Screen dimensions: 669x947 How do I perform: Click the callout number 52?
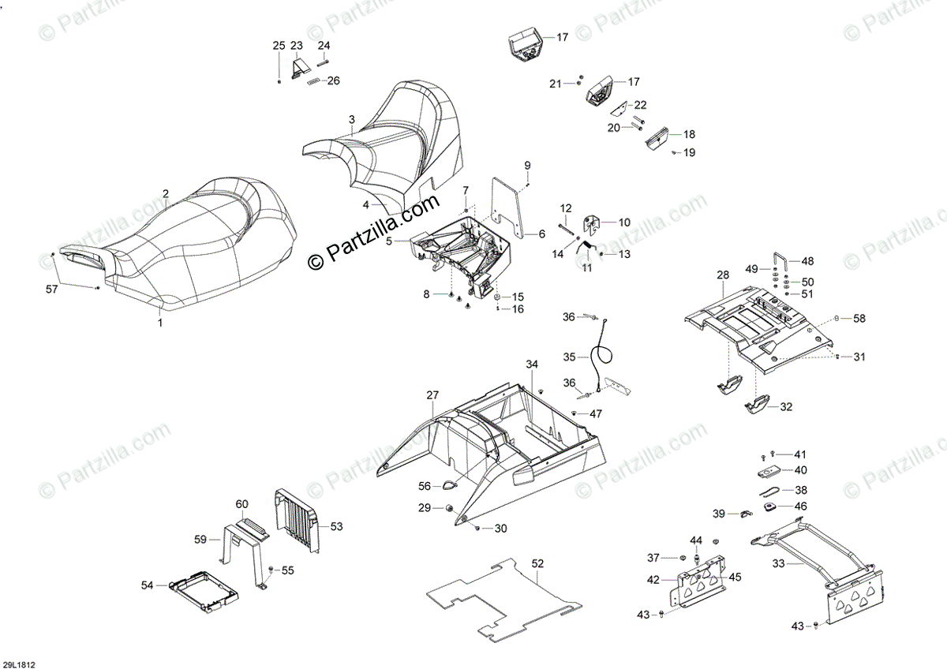click(x=537, y=564)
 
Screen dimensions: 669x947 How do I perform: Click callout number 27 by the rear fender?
click(x=432, y=394)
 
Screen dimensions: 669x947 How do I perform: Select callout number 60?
click(x=242, y=503)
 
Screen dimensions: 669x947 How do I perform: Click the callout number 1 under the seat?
click(x=160, y=323)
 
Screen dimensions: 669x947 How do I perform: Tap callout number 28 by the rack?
click(x=723, y=275)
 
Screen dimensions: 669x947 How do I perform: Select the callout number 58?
click(x=859, y=318)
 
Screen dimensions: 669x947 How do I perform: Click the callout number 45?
click(x=735, y=577)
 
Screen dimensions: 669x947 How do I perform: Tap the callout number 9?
click(x=527, y=165)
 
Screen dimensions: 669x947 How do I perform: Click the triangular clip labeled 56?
click(x=447, y=487)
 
